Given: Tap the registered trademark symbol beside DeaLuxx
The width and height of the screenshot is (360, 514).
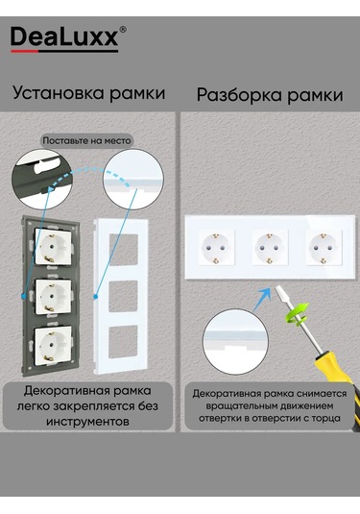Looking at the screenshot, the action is click(123, 30).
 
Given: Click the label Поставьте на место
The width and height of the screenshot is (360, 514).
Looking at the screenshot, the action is click(86, 141).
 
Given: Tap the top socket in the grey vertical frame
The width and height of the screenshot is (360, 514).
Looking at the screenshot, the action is click(53, 246).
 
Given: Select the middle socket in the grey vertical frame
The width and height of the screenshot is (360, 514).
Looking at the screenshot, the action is click(53, 296).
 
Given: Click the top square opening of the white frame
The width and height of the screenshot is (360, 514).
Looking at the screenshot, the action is click(123, 250).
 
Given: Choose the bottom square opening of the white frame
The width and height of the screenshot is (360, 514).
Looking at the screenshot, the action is click(123, 342).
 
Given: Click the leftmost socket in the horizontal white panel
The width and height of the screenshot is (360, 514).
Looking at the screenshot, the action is click(216, 248).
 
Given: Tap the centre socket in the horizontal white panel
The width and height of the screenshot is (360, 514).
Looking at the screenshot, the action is click(270, 248).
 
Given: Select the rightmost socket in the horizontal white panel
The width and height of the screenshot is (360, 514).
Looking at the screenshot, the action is click(324, 248).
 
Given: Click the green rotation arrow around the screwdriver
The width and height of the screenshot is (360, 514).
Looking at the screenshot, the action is click(297, 314).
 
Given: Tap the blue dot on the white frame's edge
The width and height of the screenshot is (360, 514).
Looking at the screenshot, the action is click(96, 297).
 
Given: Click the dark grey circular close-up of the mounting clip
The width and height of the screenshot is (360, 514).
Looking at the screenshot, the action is click(42, 180).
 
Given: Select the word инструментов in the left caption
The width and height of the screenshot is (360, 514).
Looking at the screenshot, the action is click(87, 421).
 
